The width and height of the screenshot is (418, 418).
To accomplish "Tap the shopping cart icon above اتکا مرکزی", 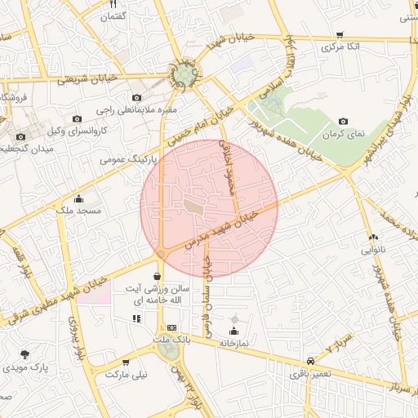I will pyautogui.click(x=340, y=35).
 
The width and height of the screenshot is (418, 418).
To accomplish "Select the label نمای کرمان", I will pyautogui.click(x=345, y=133).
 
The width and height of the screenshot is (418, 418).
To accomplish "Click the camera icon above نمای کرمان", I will pyautogui.click(x=341, y=121).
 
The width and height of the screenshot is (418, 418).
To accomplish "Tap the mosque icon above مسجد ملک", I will pyautogui.click(x=78, y=198).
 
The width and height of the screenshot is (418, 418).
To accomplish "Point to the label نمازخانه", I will pyautogui.click(x=233, y=344).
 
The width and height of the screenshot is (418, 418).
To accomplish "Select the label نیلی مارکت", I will pyautogui.click(x=124, y=375).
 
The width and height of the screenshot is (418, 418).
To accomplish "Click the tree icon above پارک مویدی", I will pyautogui.click(x=24, y=354).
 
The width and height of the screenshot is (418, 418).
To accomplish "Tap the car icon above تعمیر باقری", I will pyautogui.click(x=310, y=361).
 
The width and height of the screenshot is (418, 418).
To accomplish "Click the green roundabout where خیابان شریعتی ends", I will pyautogui.click(x=185, y=77).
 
